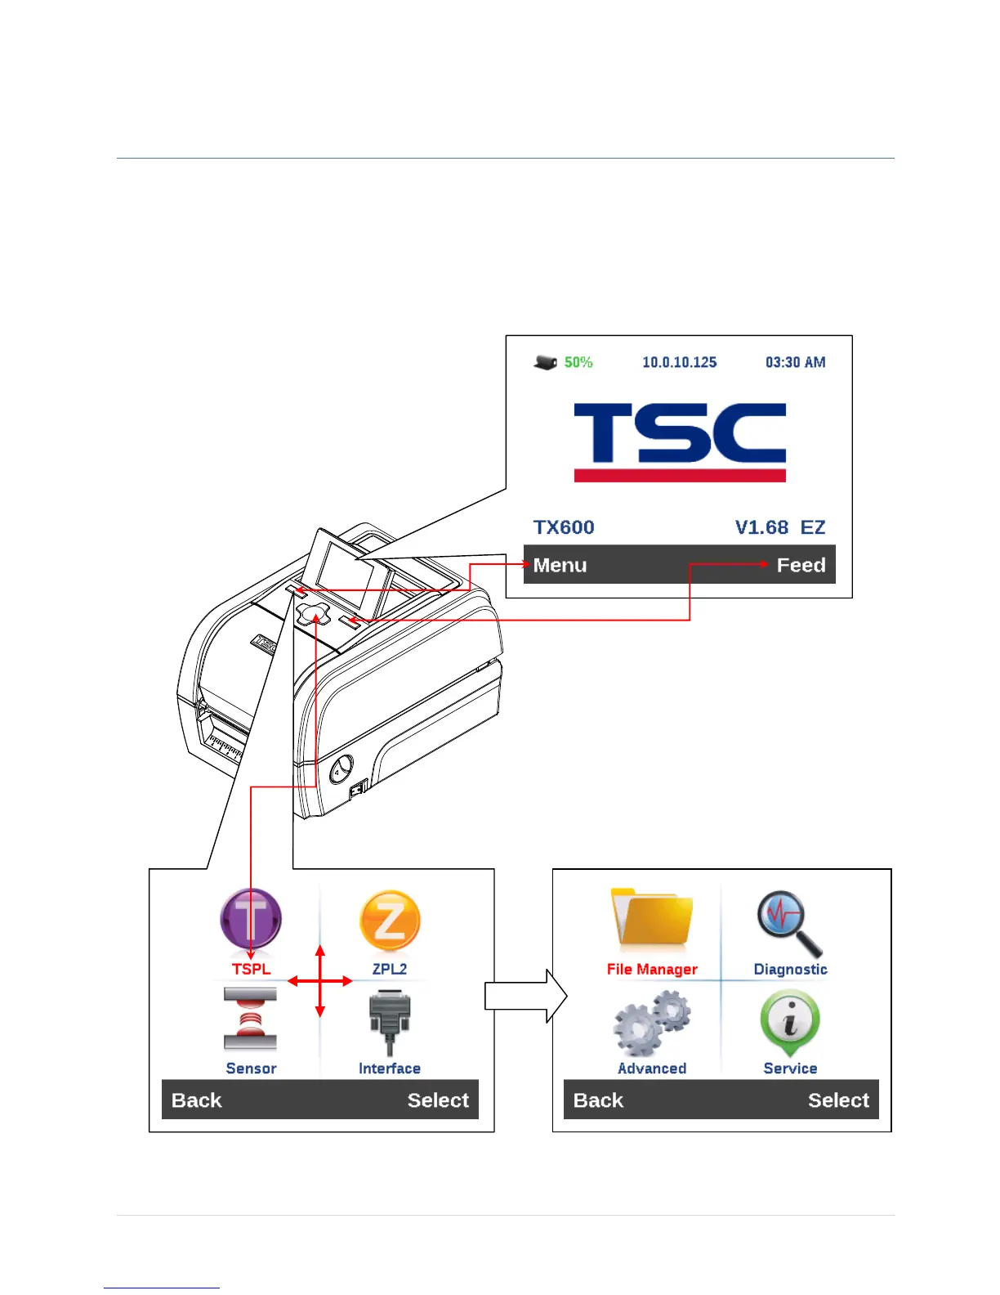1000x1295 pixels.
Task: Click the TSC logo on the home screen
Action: (680, 441)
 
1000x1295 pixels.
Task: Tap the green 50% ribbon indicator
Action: (578, 362)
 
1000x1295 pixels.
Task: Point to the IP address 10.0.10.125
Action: (679, 362)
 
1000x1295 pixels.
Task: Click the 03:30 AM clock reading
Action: (795, 362)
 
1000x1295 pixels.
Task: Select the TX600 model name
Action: (564, 527)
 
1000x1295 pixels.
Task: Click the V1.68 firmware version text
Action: (761, 527)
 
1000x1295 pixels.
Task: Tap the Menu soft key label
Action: (560, 565)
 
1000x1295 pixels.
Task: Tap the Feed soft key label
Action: (801, 565)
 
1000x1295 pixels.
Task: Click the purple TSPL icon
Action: (251, 921)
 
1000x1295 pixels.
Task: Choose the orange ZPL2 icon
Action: (390, 921)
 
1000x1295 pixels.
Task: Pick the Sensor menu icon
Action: (250, 1019)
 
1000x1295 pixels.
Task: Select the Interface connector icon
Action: (390, 1021)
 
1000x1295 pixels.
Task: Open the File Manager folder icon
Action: (652, 921)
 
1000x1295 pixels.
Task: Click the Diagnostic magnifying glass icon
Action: (789, 924)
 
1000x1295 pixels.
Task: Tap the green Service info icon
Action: (789, 1021)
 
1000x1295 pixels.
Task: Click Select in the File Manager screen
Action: (838, 1100)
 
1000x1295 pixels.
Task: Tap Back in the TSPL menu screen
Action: (197, 1100)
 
